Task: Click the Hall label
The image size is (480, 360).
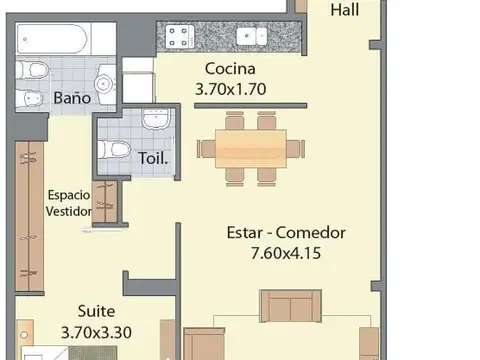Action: (x=345, y=10)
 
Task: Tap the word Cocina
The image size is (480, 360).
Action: (x=231, y=69)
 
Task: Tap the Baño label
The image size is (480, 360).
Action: (x=72, y=98)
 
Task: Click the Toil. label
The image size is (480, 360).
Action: (x=154, y=157)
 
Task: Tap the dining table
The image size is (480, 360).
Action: (x=251, y=148)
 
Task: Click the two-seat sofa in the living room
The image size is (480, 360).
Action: (x=291, y=306)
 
